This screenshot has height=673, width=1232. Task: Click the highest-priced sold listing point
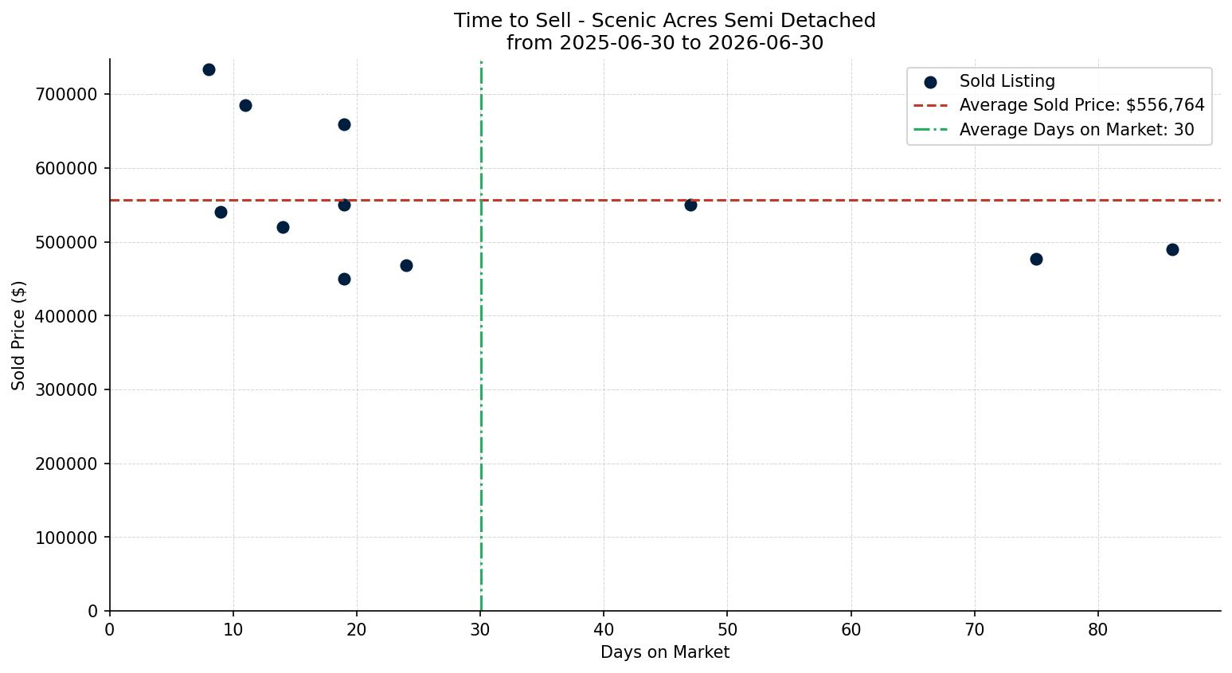pos(209,70)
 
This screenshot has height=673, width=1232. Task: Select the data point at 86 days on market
pos(1172,249)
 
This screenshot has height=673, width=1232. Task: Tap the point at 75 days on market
pos(1036,259)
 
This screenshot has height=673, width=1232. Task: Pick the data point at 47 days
pos(690,205)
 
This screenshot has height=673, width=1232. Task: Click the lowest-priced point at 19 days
pos(344,279)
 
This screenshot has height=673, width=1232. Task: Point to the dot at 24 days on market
pos(406,265)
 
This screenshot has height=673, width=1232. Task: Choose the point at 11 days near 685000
pos(245,106)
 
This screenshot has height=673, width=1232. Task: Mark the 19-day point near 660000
pos(344,125)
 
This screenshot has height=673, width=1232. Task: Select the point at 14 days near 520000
pos(283,227)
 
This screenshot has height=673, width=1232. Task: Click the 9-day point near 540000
pos(221,212)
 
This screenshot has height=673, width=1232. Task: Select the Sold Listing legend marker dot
pos(930,83)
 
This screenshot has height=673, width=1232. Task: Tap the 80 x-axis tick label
pos(1097,629)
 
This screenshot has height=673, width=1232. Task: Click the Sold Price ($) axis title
pos(18,335)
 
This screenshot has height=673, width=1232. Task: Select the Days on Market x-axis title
pos(665,652)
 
